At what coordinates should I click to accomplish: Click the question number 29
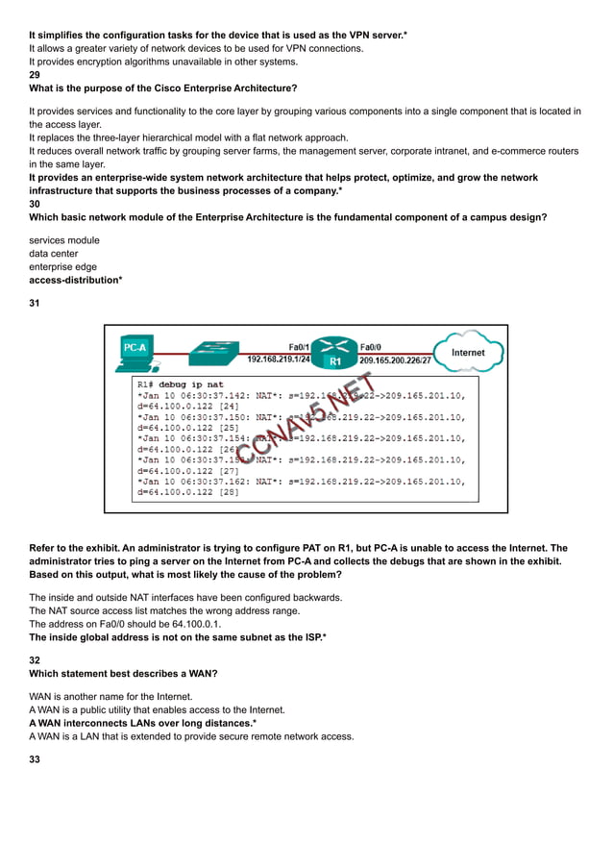click(x=35, y=74)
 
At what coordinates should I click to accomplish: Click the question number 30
click(x=35, y=204)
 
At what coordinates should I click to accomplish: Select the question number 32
click(x=35, y=660)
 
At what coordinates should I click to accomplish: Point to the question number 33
click(x=35, y=759)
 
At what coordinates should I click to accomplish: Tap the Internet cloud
click(x=468, y=352)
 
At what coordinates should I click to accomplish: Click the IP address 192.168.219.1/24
click(x=280, y=360)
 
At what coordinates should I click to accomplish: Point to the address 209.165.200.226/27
click(x=394, y=360)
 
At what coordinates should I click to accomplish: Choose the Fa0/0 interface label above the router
click(x=370, y=346)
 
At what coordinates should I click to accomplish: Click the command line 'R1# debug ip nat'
click(x=179, y=384)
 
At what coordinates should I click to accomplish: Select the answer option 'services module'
click(x=64, y=240)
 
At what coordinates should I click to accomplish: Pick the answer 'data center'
click(x=54, y=254)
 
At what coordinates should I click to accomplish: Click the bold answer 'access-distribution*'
click(x=75, y=280)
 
